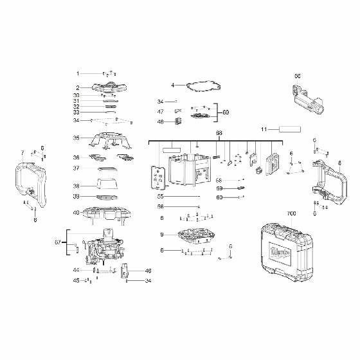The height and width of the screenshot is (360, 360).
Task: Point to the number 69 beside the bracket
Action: (x=226, y=112)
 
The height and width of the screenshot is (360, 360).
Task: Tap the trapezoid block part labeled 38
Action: (x=107, y=186)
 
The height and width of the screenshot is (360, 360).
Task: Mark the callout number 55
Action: (x=161, y=196)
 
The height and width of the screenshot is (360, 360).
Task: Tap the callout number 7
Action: (x=22, y=152)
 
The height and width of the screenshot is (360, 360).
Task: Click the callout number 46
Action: (x=147, y=271)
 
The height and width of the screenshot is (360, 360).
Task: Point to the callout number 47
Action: (x=161, y=112)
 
